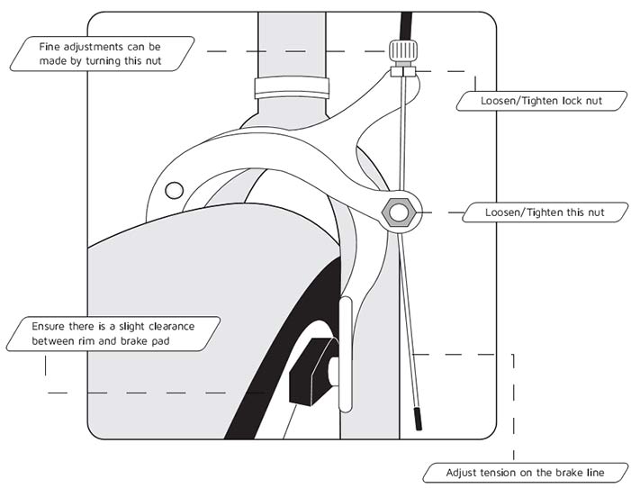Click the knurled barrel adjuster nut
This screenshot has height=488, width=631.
pyautogui.click(x=403, y=50)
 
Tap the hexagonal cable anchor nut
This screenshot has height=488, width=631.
pyautogui.click(x=399, y=212)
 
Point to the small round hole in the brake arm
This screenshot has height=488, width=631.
pyautogui.click(x=175, y=190)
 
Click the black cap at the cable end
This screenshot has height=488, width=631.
pyautogui.click(x=419, y=419)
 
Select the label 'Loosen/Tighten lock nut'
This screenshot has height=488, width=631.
pyautogui.click(x=541, y=101)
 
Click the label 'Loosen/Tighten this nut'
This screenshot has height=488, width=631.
pyautogui.click(x=545, y=212)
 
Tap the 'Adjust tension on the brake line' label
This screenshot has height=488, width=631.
pyautogui.click(x=525, y=473)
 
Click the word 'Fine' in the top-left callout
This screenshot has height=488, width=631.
pyautogui.click(x=50, y=47)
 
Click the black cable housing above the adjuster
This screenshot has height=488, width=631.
pyautogui.click(x=406, y=25)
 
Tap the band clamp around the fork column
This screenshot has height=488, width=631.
pyautogui.click(x=292, y=88)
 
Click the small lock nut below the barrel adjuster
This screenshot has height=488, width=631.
pyautogui.click(x=403, y=72)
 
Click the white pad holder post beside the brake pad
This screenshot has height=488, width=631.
pyautogui.click(x=346, y=355)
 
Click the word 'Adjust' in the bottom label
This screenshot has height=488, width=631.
pyautogui.click(x=460, y=473)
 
